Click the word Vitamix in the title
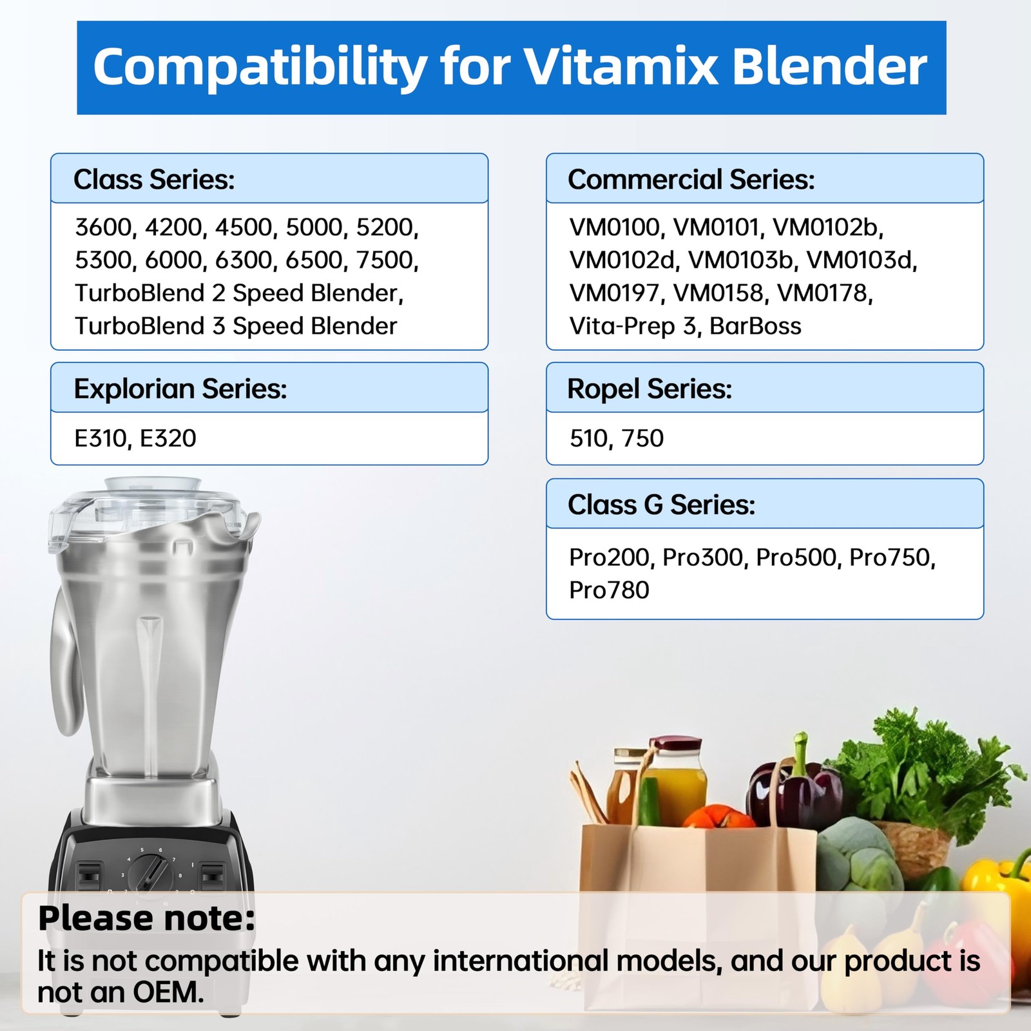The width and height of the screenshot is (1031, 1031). pos(621,67)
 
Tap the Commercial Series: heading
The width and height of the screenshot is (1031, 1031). pos(691,180)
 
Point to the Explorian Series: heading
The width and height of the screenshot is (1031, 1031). pos(180,389)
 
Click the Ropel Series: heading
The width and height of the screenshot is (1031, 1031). pos(649,389)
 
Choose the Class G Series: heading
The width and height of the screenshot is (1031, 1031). pos(661,505)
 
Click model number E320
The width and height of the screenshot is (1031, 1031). pos(168,438)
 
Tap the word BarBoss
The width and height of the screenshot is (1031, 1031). pos(755,326)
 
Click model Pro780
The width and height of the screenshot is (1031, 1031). pos(609,590)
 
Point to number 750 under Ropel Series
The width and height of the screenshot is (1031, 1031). pos(643,438)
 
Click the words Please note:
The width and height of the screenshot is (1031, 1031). pos(146,918)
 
